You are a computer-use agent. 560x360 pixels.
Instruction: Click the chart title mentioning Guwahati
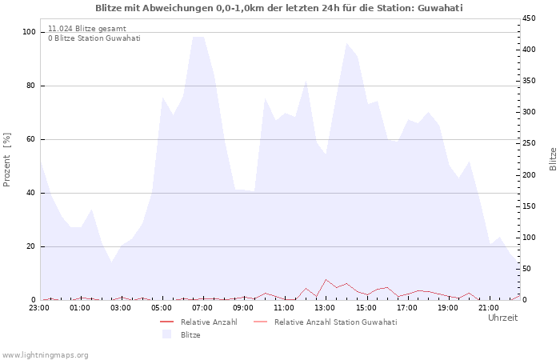(278, 8)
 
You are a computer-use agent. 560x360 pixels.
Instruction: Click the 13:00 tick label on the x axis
(326, 307)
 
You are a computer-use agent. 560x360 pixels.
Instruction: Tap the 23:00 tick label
(39, 307)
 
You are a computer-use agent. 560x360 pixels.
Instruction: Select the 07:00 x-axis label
(202, 307)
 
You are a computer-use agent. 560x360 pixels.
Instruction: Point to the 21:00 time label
(489, 307)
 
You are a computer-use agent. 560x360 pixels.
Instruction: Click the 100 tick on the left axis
(29, 32)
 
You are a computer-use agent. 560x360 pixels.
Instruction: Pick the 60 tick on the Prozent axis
(31, 139)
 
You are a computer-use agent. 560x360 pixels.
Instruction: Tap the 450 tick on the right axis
(529, 18)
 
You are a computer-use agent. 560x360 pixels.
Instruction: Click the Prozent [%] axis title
(8, 160)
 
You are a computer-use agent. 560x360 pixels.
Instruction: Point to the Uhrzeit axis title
(502, 318)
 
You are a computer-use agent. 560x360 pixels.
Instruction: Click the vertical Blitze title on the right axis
(553, 158)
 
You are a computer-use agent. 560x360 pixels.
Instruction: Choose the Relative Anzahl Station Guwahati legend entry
(335, 322)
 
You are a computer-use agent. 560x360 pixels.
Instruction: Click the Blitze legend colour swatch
(166, 334)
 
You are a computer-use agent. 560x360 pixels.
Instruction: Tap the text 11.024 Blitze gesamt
(86, 28)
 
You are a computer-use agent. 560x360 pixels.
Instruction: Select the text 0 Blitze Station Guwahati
(94, 38)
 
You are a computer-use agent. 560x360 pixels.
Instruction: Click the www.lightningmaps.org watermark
(45, 354)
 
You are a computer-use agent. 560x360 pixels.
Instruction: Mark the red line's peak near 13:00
(326, 279)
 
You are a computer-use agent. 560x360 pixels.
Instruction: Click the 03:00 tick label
(121, 307)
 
